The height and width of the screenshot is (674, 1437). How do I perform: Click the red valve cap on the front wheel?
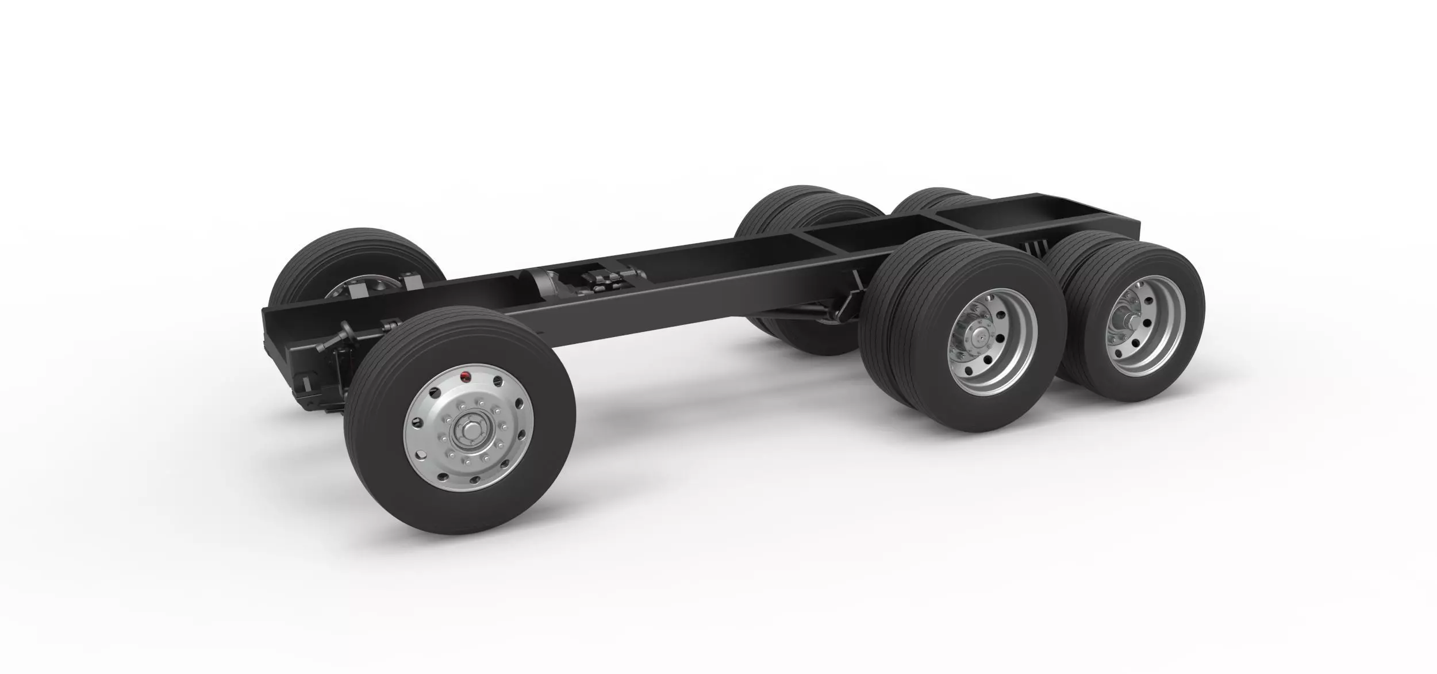[466, 377]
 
